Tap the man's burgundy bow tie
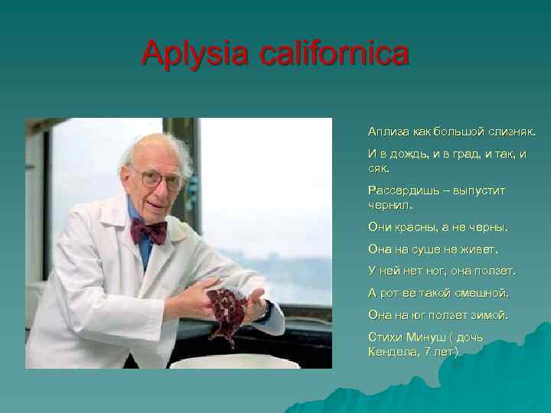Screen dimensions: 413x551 point(148,229)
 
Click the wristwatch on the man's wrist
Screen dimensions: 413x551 point(263,311)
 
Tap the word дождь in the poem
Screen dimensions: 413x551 point(412,154)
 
